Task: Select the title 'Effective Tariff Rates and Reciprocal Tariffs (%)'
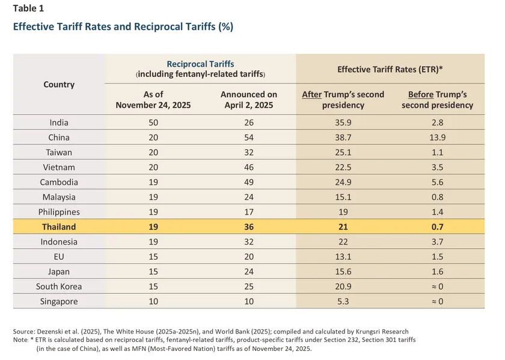(123, 26)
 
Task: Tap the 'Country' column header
(59, 84)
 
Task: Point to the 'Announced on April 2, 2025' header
(249, 100)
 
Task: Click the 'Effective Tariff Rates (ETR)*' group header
(390, 69)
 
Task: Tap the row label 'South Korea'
(59, 286)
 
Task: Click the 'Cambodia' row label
(59, 182)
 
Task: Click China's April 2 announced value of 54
(249, 138)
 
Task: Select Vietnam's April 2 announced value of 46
(249, 167)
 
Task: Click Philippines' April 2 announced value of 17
(249, 212)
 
